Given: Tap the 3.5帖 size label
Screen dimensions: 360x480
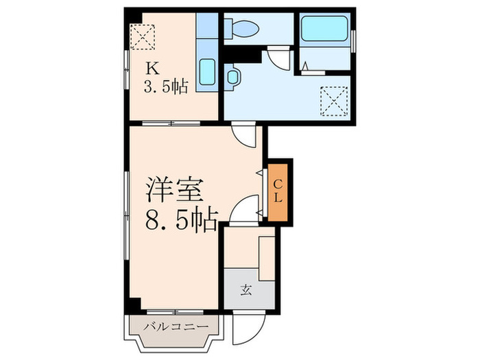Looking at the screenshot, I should [x=165, y=87].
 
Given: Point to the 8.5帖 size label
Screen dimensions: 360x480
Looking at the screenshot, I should [x=180, y=220].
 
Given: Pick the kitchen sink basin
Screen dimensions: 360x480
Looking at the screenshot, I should [x=208, y=72].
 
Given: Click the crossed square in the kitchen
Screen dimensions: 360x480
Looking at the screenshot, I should [x=144, y=36].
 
